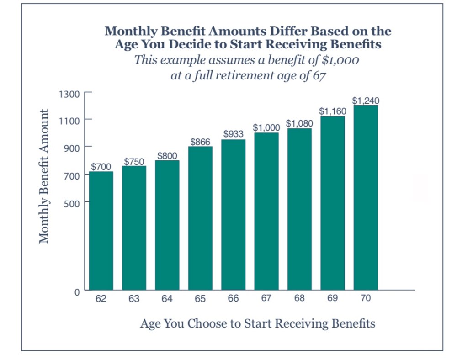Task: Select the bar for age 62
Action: pyautogui.click(x=101, y=231)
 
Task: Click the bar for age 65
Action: pyautogui.click(x=200, y=218)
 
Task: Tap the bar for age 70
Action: pyautogui.click(x=366, y=197)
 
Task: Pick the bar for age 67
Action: pyautogui.click(x=266, y=211)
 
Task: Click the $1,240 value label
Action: pyautogui.click(x=366, y=101)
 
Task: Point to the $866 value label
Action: pyautogui.click(x=200, y=142)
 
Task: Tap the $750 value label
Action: pyautogui.click(x=134, y=161)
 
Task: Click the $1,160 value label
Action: pyautogui.click(x=332, y=111)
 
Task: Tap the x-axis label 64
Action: pyautogui.click(x=167, y=299)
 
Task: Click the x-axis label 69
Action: pyautogui.click(x=332, y=299)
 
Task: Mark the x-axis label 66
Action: pyautogui.click(x=233, y=299)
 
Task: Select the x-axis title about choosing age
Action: pyautogui.click(x=257, y=323)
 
